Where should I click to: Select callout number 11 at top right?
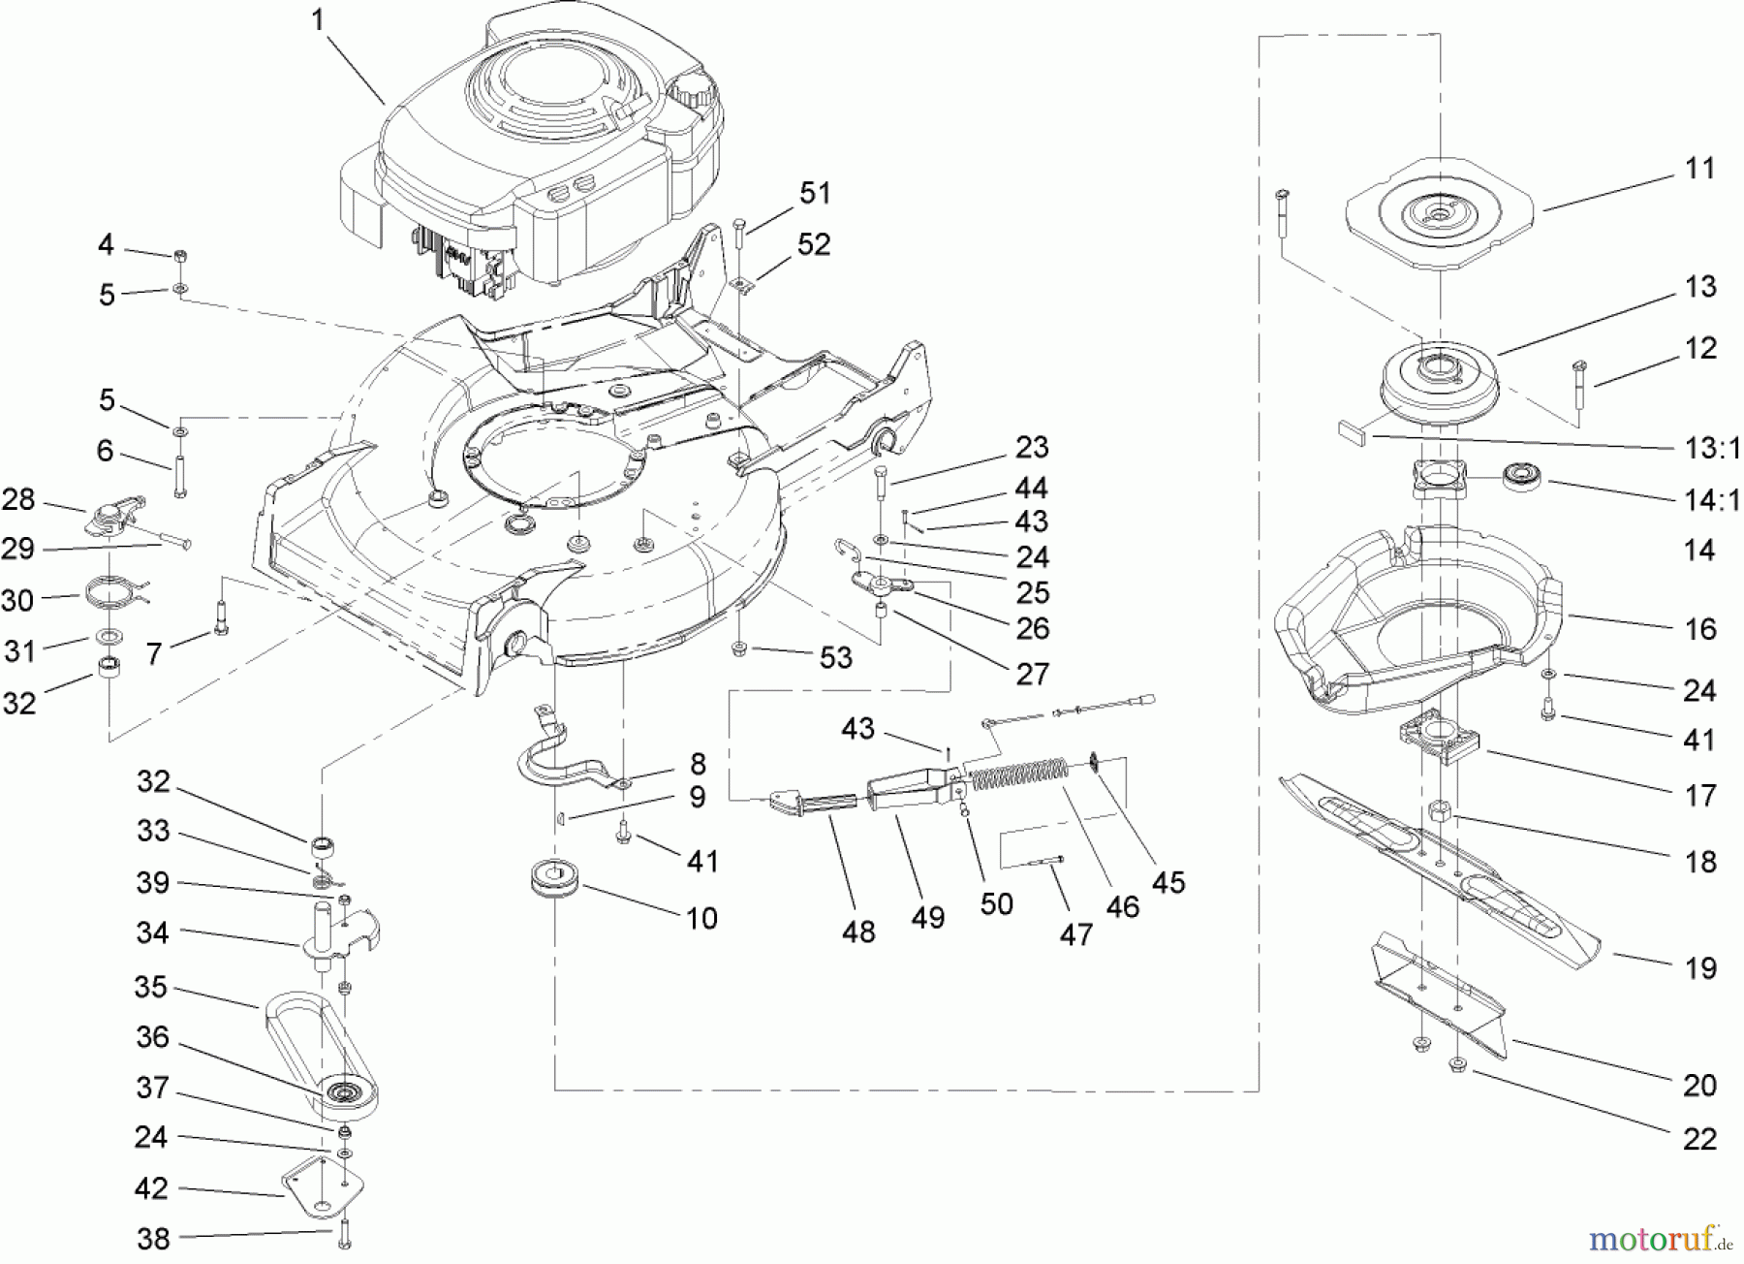(x=1700, y=168)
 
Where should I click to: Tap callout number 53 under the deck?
(x=835, y=657)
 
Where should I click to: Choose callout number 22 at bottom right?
(x=1699, y=1138)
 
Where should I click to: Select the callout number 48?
(x=858, y=932)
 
